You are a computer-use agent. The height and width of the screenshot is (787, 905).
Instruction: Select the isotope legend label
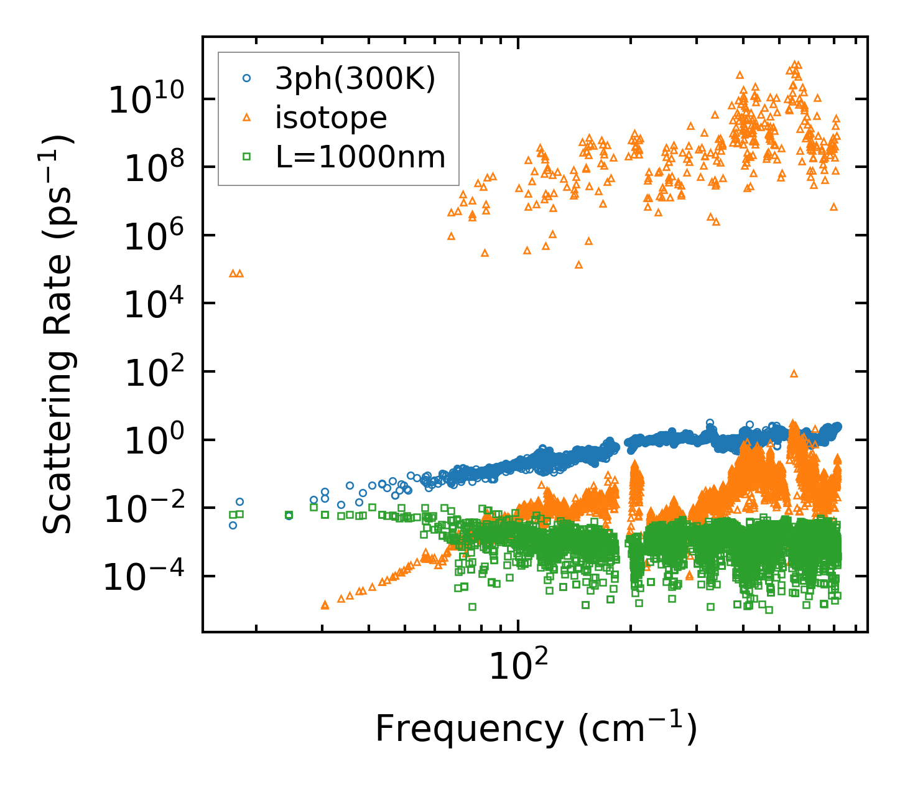[x=331, y=118]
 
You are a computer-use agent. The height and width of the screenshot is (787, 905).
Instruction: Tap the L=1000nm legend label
[x=361, y=157]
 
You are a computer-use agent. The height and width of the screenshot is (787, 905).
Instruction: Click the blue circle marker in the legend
[x=247, y=78]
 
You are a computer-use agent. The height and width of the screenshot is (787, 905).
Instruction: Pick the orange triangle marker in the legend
[x=247, y=118]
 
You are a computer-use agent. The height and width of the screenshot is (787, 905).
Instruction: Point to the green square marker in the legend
[x=247, y=157]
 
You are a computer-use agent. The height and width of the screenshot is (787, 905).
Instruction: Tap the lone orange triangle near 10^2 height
[x=794, y=373]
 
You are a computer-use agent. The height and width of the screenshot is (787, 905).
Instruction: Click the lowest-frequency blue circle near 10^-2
[x=233, y=525]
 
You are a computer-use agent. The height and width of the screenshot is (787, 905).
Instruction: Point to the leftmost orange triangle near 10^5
[x=233, y=273]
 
